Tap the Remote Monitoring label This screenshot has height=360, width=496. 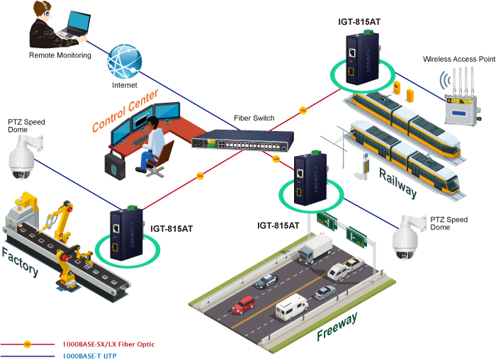(x=60, y=55)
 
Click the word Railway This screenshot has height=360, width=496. (x=398, y=182)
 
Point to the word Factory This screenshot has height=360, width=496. (x=20, y=263)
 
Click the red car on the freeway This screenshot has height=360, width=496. (x=243, y=305)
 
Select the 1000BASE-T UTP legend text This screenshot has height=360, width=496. (x=89, y=354)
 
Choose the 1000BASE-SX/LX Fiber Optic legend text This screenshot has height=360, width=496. (x=108, y=344)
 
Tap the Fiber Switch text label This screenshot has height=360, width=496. (x=254, y=118)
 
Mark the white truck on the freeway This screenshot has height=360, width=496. (x=316, y=249)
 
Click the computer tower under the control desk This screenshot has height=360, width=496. (x=114, y=165)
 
